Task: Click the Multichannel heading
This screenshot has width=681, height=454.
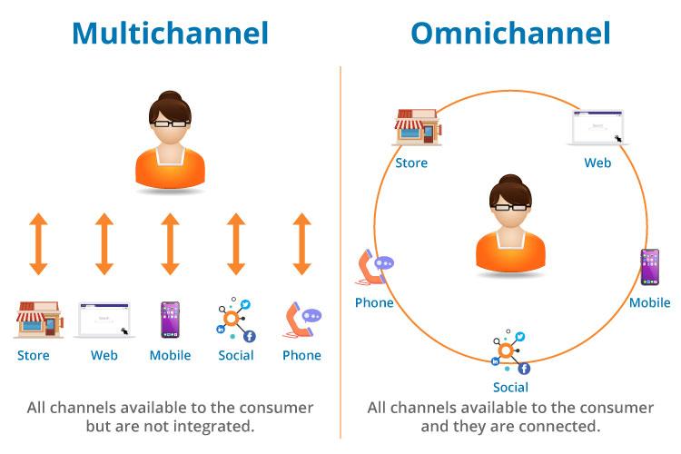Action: click(170, 34)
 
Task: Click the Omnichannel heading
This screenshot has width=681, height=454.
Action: click(510, 34)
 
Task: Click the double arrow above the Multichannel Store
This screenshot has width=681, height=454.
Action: click(37, 243)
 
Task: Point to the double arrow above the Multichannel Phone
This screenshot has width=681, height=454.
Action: click(301, 243)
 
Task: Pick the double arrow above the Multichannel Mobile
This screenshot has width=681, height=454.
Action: click(170, 243)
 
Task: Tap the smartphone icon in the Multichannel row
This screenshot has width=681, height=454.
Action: click(170, 320)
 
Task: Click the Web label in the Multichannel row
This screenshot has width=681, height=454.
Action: click(104, 355)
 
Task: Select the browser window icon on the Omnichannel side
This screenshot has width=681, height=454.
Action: click(597, 128)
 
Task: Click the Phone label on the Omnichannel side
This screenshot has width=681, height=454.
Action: click(374, 302)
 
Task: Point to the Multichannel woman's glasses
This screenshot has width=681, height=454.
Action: click(170, 123)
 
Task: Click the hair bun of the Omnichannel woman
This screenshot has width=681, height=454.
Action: click(509, 179)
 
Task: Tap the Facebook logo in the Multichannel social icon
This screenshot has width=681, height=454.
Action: click(249, 336)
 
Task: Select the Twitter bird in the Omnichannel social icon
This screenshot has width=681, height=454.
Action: click(520, 337)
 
